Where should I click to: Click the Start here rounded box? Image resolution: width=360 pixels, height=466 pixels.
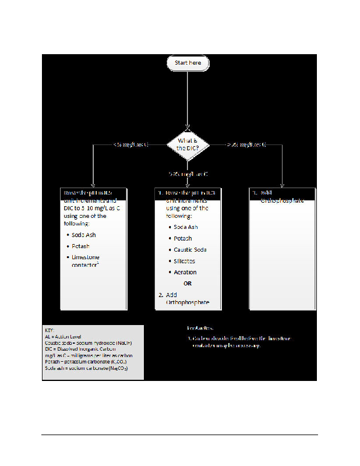tap(188, 63)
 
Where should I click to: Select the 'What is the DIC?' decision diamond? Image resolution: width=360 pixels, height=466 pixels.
tap(188, 143)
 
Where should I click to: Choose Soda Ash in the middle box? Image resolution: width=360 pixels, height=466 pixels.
tap(186, 227)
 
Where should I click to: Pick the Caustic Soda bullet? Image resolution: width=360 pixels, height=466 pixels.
tap(190, 249)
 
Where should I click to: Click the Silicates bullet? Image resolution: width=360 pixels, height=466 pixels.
tap(185, 261)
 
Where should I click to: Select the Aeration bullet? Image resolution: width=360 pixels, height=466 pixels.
tap(185, 272)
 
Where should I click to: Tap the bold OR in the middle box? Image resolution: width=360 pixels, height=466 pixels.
tap(188, 284)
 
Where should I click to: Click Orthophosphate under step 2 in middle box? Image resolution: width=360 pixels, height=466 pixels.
tap(188, 303)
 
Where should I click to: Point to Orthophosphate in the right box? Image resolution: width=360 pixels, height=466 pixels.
tap(282, 200)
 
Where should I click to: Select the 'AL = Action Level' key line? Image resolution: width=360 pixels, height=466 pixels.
tap(66, 336)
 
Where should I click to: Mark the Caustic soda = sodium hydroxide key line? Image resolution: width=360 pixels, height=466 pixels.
tap(90, 343)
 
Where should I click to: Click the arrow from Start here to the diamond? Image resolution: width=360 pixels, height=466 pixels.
tap(188, 99)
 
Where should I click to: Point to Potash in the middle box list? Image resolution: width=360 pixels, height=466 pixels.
tap(182, 238)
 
